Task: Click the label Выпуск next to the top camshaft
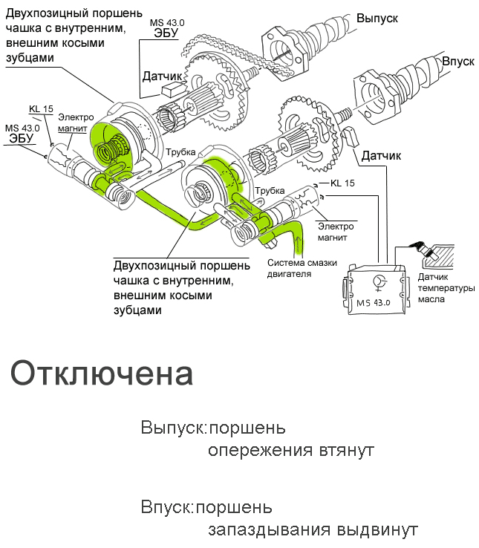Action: [378, 16]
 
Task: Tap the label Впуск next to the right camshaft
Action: [457, 61]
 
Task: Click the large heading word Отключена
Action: [102, 374]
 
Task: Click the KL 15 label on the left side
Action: [41, 109]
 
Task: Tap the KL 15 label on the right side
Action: [342, 183]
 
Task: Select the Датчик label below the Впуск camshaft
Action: [381, 156]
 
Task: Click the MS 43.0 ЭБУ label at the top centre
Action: [167, 28]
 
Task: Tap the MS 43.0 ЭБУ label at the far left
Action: [22, 133]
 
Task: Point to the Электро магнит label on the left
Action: [76, 122]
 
